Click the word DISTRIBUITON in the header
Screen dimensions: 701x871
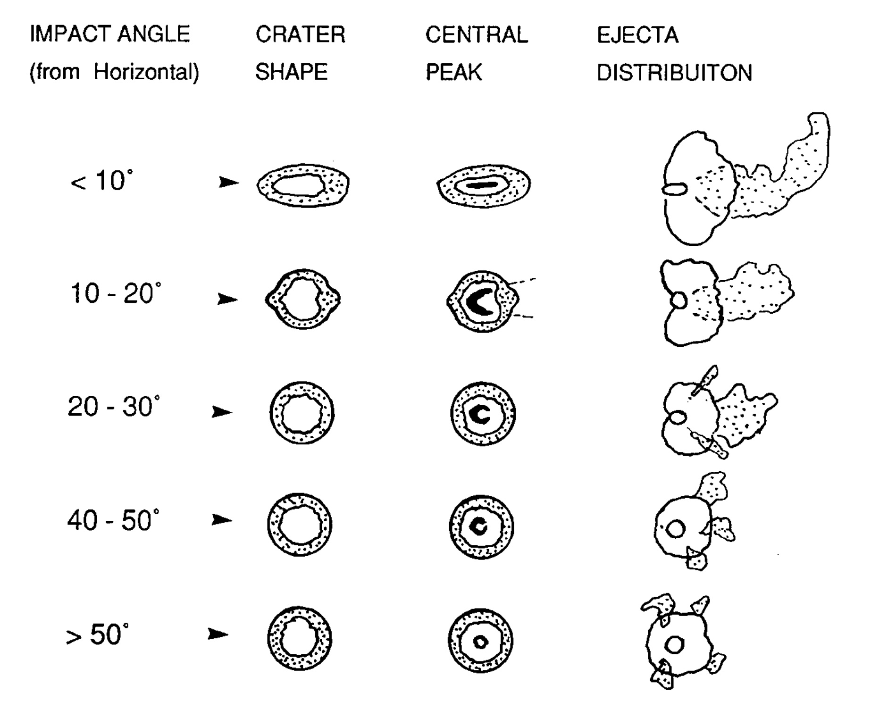pos(674,73)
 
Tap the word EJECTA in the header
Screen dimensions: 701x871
pos(637,35)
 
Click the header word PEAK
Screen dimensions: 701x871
pos(454,73)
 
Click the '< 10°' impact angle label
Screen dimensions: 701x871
pos(101,181)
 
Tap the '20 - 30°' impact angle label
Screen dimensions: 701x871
pos(114,406)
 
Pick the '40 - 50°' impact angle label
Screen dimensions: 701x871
pos(113,520)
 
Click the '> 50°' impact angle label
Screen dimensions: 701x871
pos(97,634)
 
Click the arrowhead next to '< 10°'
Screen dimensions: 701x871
pos(228,182)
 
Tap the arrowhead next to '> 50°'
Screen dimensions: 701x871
pos(218,634)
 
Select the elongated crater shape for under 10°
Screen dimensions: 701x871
pos(303,184)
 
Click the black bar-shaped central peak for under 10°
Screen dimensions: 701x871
pos(482,185)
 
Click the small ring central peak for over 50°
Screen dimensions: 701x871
pos(480,642)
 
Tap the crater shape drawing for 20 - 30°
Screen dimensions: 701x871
pos(302,413)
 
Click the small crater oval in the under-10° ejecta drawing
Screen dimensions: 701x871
pos(674,190)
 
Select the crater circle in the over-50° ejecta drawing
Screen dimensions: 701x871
pos(674,645)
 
